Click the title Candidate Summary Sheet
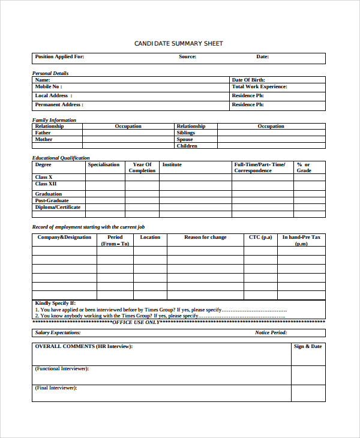[178, 44]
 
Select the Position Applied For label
[59, 57]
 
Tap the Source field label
[187, 57]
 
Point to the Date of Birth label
[248, 80]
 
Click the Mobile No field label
[48, 87]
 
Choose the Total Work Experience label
[259, 87]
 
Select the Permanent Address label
[59, 105]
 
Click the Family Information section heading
[54, 120]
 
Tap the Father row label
[43, 133]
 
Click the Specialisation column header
[104, 164]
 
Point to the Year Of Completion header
[142, 167]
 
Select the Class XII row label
[46, 184]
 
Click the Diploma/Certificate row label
[58, 208]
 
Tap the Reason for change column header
[205, 237]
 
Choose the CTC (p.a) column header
[260, 237]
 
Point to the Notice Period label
[271, 332]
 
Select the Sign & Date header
[308, 346]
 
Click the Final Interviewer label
[56, 388]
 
